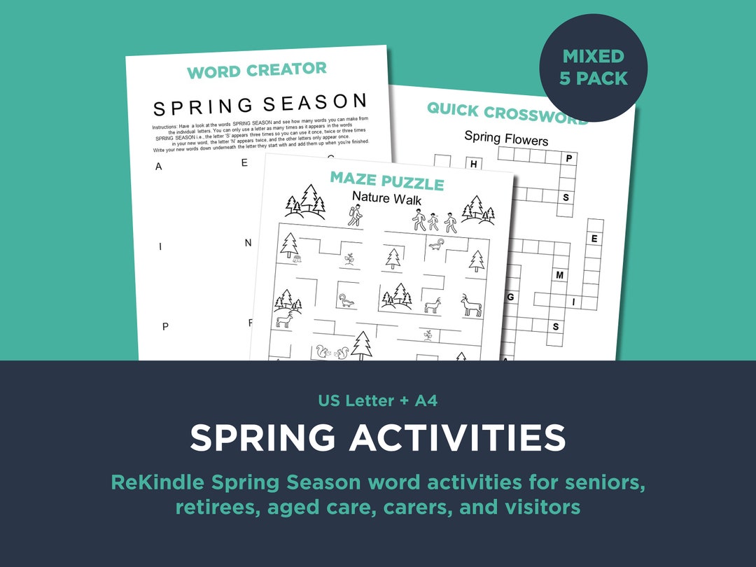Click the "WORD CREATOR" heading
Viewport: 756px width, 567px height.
(x=256, y=70)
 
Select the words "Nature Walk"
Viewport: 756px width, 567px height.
(x=386, y=197)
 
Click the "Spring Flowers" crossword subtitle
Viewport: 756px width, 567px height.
(x=506, y=137)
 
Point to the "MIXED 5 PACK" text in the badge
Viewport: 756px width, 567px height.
(x=592, y=66)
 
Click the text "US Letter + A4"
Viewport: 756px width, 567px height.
(x=378, y=400)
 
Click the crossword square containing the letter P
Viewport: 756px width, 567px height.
(x=568, y=159)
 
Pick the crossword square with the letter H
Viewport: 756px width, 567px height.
(x=475, y=164)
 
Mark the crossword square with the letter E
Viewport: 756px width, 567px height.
(x=594, y=239)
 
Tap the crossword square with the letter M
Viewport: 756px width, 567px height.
(x=559, y=275)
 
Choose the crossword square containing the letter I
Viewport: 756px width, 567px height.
(x=574, y=302)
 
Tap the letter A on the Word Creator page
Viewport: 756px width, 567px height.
(x=158, y=167)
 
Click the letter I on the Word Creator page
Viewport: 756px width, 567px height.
(x=160, y=246)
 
